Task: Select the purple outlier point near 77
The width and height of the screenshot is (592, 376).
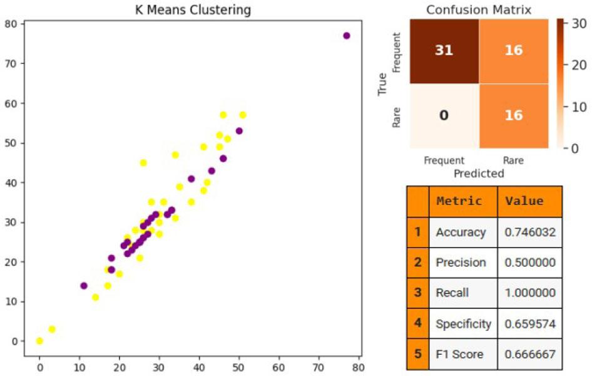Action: point(347,36)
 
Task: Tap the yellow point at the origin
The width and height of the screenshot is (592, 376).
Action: point(40,341)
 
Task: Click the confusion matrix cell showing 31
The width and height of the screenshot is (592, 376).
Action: point(444,51)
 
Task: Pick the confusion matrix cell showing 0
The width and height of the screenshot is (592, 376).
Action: point(444,115)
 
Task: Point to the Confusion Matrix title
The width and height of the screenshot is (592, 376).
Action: point(479,10)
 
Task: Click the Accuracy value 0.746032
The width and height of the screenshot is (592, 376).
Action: point(529,232)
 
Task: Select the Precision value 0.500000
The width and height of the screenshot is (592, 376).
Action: point(529,263)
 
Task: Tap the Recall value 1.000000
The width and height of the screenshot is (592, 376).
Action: point(529,293)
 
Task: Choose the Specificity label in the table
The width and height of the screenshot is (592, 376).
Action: point(463,323)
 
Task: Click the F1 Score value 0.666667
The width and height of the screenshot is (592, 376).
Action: point(529,354)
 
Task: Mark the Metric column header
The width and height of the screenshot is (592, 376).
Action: point(459,201)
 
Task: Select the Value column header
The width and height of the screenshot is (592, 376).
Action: point(524,201)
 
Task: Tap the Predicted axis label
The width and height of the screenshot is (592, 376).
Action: point(479,173)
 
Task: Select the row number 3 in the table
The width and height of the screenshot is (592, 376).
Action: point(417,293)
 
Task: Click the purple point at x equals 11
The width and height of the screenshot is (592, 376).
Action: point(84,286)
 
